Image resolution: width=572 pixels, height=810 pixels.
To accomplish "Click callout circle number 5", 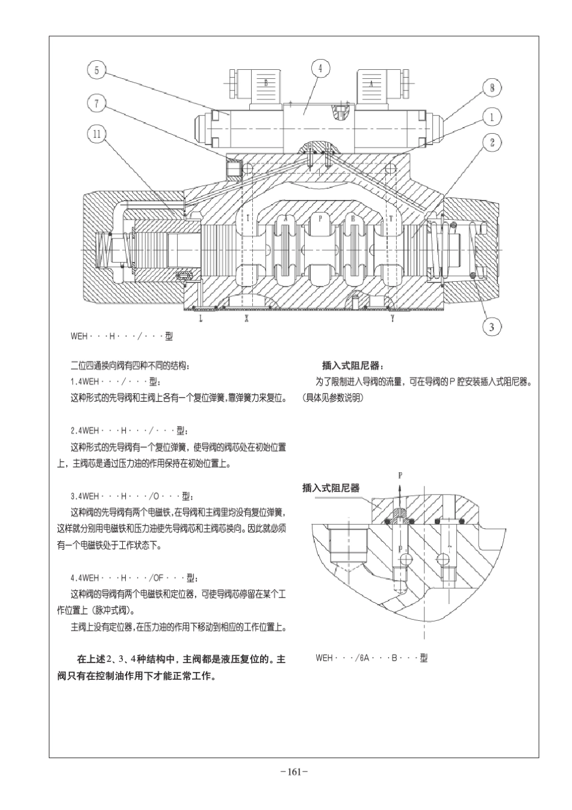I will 97,71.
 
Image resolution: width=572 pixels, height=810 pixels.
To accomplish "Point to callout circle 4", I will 320,69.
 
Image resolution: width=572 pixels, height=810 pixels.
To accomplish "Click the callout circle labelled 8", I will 492,88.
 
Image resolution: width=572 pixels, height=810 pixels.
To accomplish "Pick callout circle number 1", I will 492,116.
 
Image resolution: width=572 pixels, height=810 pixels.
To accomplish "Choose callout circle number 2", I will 492,142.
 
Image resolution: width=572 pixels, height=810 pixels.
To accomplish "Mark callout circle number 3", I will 492,326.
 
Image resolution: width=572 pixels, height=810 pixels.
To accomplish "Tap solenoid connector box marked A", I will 371,84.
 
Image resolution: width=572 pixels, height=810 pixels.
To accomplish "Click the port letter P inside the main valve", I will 320,219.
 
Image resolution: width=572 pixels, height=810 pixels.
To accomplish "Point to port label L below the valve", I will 201,319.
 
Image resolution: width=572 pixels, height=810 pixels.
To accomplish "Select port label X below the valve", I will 246,319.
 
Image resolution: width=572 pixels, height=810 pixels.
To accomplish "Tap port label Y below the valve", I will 392,319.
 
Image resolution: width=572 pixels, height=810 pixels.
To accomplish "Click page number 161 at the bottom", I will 294,771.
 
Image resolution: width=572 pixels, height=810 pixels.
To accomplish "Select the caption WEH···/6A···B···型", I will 371,658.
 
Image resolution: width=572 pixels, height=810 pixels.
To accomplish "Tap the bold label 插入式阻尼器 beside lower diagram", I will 331,488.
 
